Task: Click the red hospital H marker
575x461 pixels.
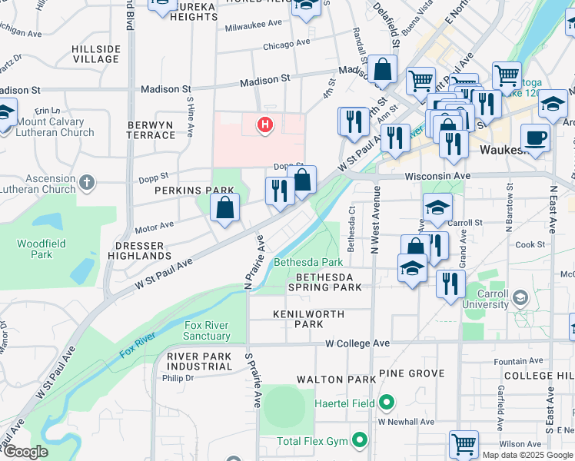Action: tap(265, 124)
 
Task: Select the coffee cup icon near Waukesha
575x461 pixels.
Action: tap(535, 138)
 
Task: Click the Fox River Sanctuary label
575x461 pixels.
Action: tap(208, 330)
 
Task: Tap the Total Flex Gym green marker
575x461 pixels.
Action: tap(358, 440)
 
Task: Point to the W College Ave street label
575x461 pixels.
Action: tap(357, 343)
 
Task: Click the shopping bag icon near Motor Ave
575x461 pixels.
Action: tap(224, 207)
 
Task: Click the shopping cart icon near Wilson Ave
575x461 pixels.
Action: tap(464, 443)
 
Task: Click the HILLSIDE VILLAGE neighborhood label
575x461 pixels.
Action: tap(96, 54)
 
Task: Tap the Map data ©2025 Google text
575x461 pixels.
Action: tap(527, 455)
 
